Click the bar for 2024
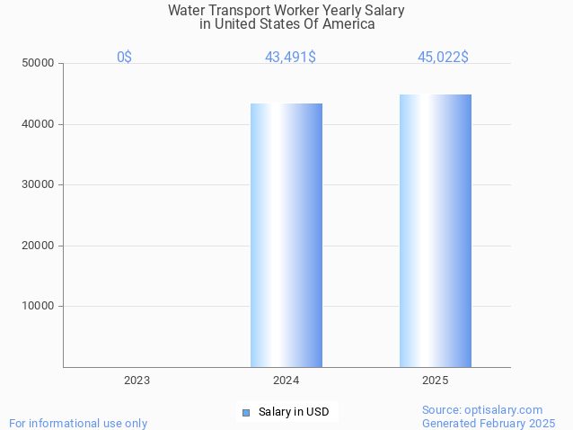[286, 235]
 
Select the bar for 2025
[436, 230]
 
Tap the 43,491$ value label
[290, 58]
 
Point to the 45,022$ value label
[443, 58]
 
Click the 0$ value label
[125, 58]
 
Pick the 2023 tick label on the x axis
[137, 381]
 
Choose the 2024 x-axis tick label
[286, 381]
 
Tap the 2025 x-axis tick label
[436, 381]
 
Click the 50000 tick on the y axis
[40, 64]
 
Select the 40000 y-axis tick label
[40, 124]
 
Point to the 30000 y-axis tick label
[40, 184]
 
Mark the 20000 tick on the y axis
[40, 246]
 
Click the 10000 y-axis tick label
[40, 306]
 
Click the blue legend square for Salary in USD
[245, 413]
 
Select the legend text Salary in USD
[294, 413]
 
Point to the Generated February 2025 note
[489, 423]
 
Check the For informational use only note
[78, 423]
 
